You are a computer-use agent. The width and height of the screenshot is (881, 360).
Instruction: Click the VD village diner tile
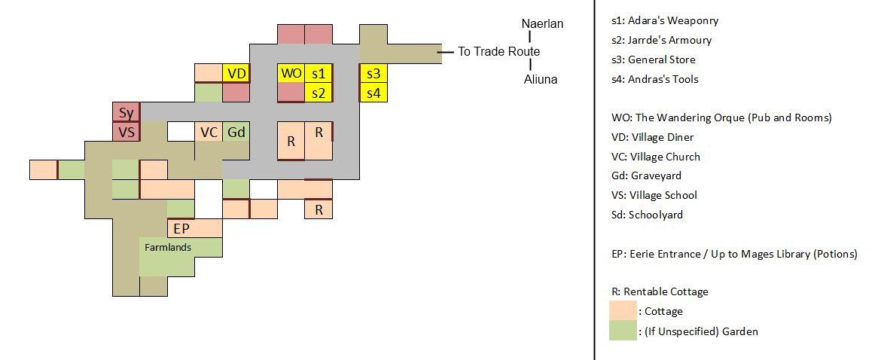pyautogui.click(x=236, y=74)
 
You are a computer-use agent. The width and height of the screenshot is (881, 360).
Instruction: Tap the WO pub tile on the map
pyautogui.click(x=291, y=74)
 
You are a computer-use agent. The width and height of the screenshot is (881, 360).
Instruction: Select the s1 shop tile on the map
pyautogui.click(x=319, y=74)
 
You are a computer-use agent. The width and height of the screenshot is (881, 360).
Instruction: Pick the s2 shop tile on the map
pyautogui.click(x=319, y=93)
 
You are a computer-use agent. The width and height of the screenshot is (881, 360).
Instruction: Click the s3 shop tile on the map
pyautogui.click(x=373, y=74)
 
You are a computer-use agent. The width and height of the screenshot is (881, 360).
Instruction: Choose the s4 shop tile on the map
pyautogui.click(x=373, y=93)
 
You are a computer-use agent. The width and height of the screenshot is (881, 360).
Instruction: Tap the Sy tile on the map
pyautogui.click(x=126, y=113)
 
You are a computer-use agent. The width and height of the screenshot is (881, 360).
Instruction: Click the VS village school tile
pyautogui.click(x=126, y=132)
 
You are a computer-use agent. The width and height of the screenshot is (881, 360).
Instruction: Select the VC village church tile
pyautogui.click(x=209, y=132)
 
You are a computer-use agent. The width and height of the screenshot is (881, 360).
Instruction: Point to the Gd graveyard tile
pyautogui.click(x=236, y=132)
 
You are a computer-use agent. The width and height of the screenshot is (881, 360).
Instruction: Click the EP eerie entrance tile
pyautogui.click(x=181, y=228)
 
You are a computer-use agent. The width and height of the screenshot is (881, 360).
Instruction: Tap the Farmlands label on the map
pyautogui.click(x=168, y=247)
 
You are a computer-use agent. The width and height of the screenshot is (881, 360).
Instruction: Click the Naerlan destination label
pyautogui.click(x=542, y=24)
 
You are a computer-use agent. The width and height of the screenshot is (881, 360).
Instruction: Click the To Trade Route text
pyautogui.click(x=499, y=52)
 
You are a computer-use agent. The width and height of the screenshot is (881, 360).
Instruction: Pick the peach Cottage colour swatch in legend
pyautogui.click(x=623, y=311)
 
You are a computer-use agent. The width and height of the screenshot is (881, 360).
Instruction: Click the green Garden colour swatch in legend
pyautogui.click(x=623, y=331)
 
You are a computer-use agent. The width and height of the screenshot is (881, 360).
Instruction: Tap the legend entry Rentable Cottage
pyautogui.click(x=660, y=291)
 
